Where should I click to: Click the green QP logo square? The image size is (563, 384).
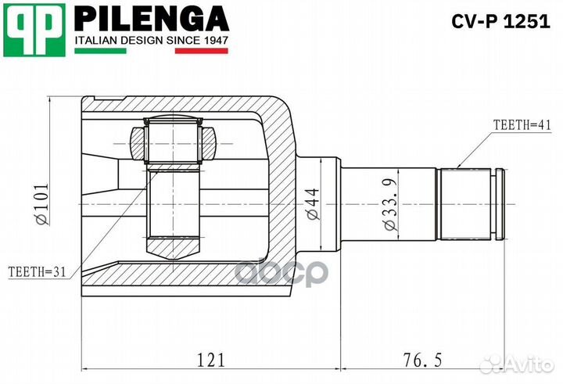coord(33,29)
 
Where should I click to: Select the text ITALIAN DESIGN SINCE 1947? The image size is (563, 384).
coord(150,39)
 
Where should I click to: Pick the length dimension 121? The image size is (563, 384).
coord(210,360)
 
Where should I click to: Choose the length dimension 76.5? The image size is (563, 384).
coord(421,360)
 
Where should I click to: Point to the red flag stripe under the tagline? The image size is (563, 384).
coord(201,51)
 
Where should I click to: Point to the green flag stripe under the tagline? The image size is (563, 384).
coord(99,51)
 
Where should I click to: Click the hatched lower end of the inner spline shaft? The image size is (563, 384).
coord(174,249)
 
